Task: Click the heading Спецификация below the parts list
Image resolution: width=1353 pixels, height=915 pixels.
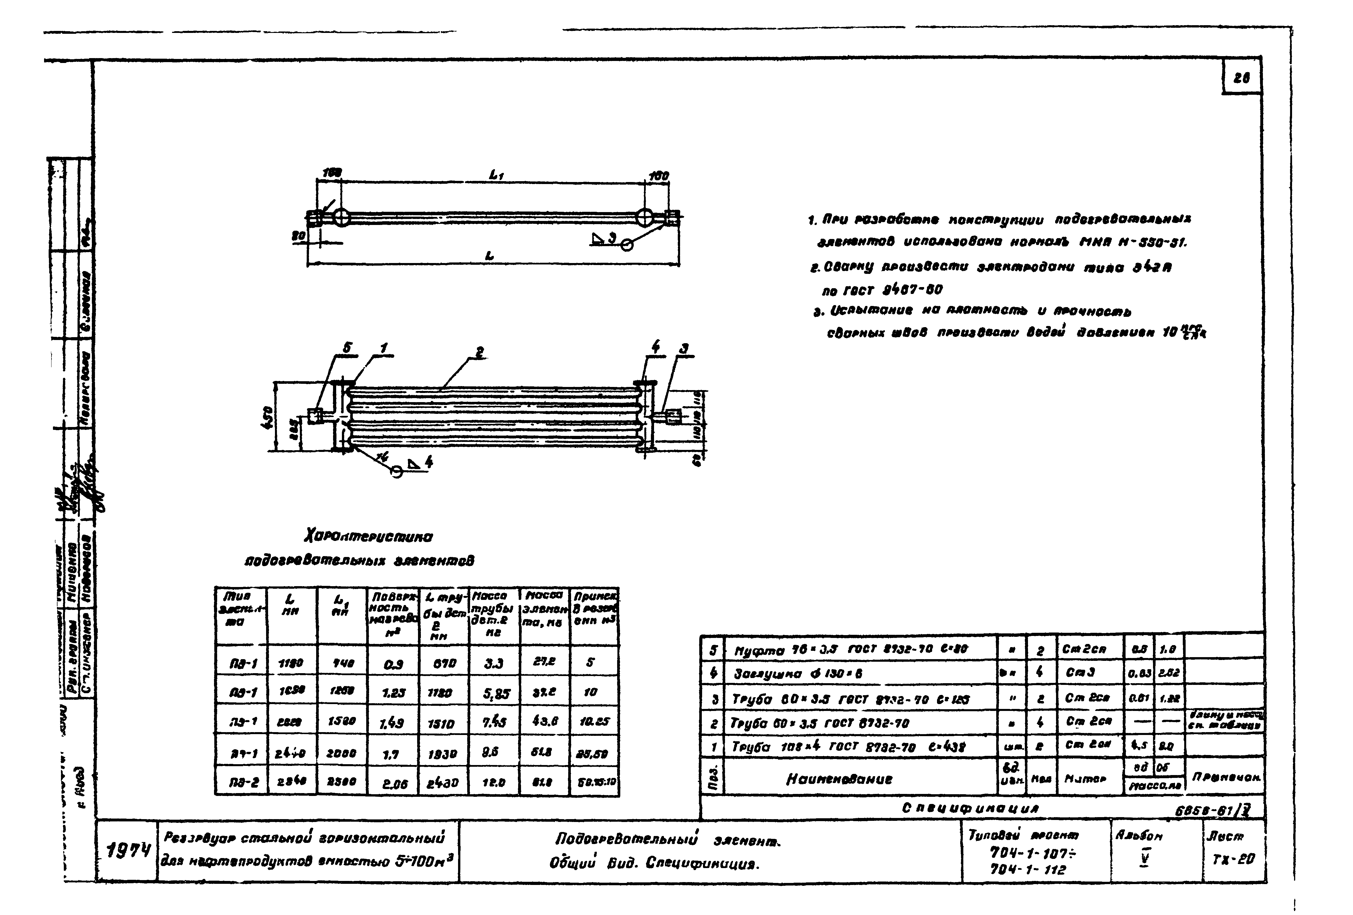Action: tap(970, 809)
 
